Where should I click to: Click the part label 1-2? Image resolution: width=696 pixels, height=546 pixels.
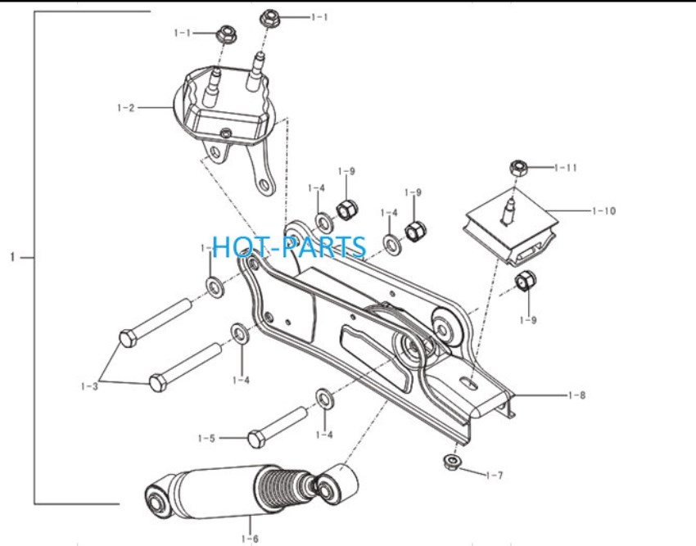[125, 108]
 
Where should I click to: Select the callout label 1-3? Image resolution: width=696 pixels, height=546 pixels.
[89, 386]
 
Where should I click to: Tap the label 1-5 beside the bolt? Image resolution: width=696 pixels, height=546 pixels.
[206, 439]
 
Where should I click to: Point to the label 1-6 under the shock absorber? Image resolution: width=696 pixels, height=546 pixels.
[250, 539]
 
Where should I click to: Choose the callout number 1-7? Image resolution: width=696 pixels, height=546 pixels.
[495, 476]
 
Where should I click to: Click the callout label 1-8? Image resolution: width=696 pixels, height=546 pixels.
[576, 395]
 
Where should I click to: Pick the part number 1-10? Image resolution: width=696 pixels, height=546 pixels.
[604, 211]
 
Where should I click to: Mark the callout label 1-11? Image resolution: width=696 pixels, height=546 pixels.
[566, 168]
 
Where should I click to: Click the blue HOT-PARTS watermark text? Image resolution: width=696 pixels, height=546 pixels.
[289, 247]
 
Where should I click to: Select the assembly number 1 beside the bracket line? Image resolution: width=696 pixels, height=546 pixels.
[13, 257]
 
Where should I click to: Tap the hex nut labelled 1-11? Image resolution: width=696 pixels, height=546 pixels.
[518, 168]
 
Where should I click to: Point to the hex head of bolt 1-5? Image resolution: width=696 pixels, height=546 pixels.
[256, 439]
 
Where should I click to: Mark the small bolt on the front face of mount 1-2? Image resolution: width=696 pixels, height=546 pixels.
[226, 133]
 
